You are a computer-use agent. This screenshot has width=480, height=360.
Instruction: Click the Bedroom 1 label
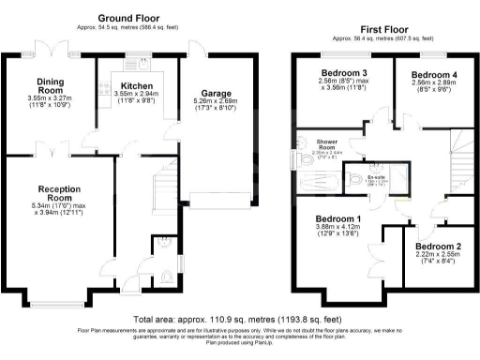[x=341, y=219]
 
